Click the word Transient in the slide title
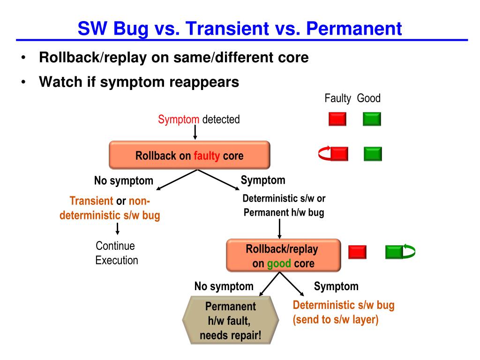click(x=227, y=29)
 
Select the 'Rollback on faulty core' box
click(x=189, y=155)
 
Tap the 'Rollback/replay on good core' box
click(x=284, y=255)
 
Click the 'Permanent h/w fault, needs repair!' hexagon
click(x=231, y=320)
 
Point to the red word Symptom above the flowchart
click(x=179, y=120)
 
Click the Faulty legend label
click(x=337, y=98)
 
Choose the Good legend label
click(x=368, y=98)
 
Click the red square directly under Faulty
click(x=337, y=119)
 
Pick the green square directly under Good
click(x=372, y=119)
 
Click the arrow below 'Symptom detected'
click(x=195, y=132)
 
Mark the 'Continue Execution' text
click(x=117, y=253)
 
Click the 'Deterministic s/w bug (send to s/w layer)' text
click(x=344, y=312)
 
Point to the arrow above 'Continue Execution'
click(x=118, y=229)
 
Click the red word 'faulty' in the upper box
click(x=207, y=156)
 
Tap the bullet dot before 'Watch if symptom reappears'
click(x=23, y=82)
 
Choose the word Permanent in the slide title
click(x=354, y=29)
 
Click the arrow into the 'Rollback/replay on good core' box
click(x=279, y=229)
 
